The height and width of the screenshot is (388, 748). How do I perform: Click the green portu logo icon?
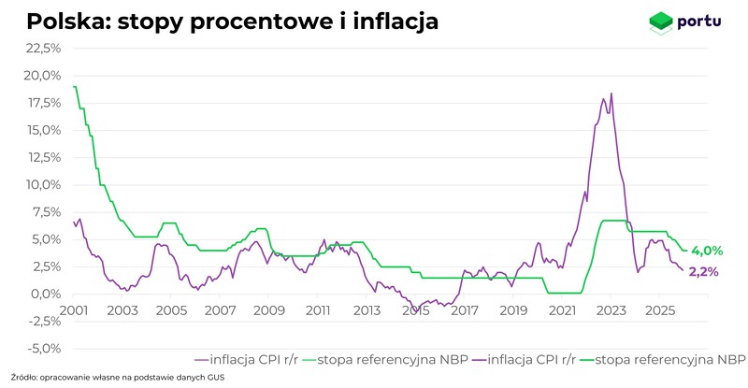[x=661, y=21]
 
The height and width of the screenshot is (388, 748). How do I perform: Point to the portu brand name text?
[x=701, y=21]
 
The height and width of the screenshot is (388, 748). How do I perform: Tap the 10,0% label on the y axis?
[x=43, y=185]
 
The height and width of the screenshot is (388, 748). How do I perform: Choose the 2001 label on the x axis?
[x=74, y=309]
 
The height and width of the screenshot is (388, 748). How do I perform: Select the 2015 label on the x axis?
[x=415, y=309]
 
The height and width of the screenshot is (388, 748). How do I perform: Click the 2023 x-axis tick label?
[x=611, y=309]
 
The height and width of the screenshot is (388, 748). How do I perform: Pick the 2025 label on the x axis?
[x=659, y=309]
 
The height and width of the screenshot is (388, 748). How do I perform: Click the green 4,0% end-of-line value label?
[x=707, y=251]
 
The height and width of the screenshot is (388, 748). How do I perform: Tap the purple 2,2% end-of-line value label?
[x=703, y=272]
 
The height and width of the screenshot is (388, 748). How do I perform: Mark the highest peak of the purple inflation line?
[x=611, y=93]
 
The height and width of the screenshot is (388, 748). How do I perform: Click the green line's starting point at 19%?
[x=74, y=87]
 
